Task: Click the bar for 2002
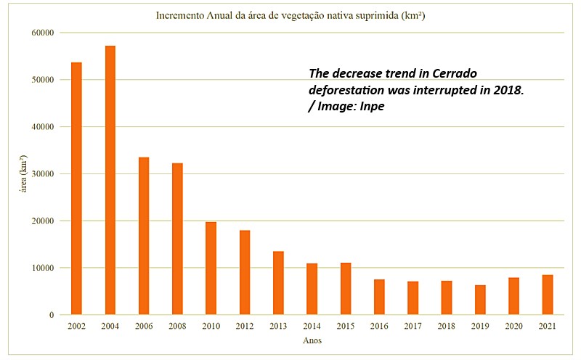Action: tap(76, 189)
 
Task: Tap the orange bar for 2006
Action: tap(144, 236)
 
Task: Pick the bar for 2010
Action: tap(211, 268)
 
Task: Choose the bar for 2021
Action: tap(547, 295)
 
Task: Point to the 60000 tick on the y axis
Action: tap(43, 33)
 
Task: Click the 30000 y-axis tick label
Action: tap(43, 174)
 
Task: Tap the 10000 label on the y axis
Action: tap(43, 268)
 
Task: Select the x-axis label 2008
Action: tap(177, 326)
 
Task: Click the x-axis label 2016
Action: tap(379, 326)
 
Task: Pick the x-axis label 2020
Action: tap(513, 326)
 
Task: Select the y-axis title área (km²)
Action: tap(25, 173)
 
